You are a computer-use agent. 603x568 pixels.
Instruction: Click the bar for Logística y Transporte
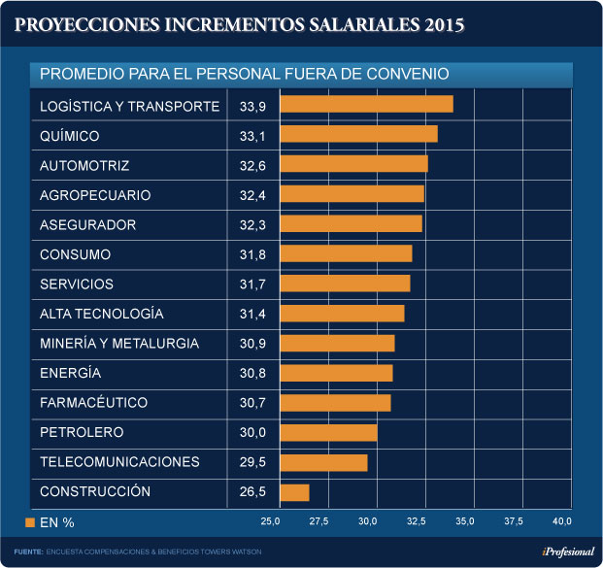coord(366,105)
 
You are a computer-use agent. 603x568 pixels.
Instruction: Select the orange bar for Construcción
coord(294,492)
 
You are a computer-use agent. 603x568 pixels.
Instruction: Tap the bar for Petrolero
coord(328,432)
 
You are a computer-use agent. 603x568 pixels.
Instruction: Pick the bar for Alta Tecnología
coord(342,314)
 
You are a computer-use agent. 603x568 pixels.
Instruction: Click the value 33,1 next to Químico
coord(251,136)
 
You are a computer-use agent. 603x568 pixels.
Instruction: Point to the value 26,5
coord(251,491)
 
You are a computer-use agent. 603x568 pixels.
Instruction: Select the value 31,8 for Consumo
coord(251,254)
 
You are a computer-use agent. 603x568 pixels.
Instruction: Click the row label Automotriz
coord(84,166)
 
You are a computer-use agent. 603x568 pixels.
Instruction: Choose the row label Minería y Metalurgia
coord(119,344)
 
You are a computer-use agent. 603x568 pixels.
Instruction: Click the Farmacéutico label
coord(93,402)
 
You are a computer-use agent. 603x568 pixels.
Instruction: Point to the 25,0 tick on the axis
coord(270,522)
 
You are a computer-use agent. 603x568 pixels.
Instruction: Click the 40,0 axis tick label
coord(561,522)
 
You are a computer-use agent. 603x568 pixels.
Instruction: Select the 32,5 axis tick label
coord(416,522)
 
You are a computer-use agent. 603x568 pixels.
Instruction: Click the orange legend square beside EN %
coord(30,522)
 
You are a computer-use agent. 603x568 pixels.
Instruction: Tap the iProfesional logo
coord(567,551)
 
